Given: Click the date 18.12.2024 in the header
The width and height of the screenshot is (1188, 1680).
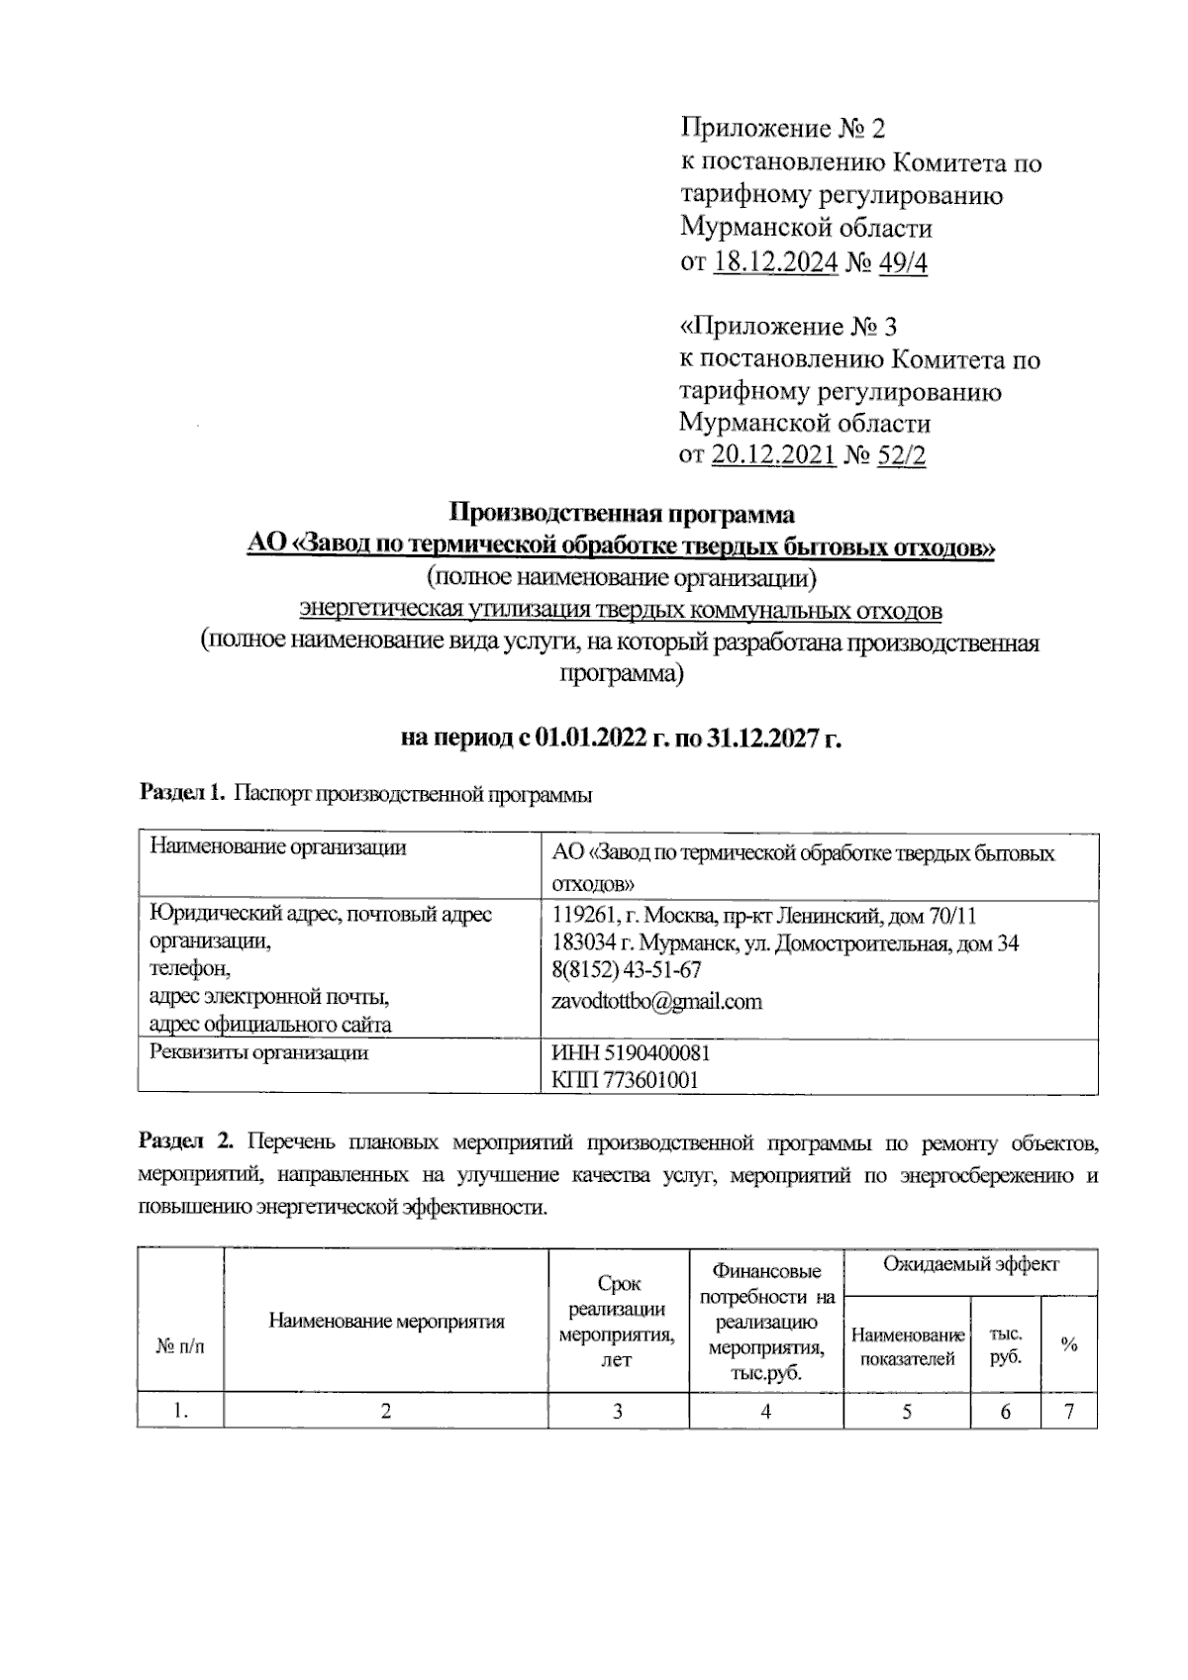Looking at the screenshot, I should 775,262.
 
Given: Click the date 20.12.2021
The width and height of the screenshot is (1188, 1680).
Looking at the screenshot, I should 773,455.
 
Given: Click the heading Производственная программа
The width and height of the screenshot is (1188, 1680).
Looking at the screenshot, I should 622,514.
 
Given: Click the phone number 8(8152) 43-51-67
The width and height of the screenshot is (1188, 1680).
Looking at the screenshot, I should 626,970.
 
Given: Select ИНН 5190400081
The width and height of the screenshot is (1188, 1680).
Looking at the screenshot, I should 631,1052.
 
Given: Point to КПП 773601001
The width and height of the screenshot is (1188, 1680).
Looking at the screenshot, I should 625,1080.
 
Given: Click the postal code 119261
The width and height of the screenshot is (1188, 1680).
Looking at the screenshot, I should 579,915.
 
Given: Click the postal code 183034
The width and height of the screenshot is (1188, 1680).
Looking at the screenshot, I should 580,943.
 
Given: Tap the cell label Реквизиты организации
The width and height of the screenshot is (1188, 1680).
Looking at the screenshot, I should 258,1052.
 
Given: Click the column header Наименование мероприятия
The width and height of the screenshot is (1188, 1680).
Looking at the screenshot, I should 386,1321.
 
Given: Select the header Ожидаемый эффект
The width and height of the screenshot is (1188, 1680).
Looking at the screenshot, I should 970,1264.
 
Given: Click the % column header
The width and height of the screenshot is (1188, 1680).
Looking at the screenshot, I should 1069,1344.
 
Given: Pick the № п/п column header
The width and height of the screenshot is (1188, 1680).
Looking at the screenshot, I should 180,1345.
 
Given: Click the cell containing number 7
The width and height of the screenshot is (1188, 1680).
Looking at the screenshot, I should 1069,1411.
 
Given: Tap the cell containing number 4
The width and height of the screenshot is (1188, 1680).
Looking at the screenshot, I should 765,1411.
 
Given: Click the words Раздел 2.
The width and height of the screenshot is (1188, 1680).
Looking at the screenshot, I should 186,1141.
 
